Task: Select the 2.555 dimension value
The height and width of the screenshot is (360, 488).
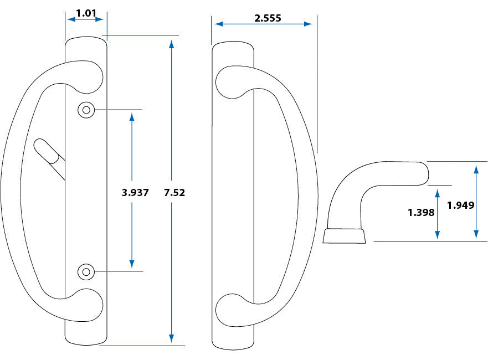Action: (x=268, y=18)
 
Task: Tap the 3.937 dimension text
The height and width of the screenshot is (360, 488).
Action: (x=135, y=193)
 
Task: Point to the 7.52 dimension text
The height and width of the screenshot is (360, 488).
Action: (x=174, y=193)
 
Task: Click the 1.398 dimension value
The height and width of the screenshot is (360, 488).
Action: (x=422, y=212)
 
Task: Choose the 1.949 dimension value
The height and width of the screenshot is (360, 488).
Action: (x=460, y=205)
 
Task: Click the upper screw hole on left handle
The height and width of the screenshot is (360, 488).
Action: (x=85, y=110)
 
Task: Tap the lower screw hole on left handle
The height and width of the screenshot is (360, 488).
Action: (x=85, y=271)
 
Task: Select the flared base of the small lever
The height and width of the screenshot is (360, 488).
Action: (x=345, y=235)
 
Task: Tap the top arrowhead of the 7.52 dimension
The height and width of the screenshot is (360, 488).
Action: (x=172, y=45)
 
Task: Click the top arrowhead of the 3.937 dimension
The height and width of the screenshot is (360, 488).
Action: (x=132, y=117)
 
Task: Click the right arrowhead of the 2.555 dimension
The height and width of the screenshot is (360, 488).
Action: (x=308, y=24)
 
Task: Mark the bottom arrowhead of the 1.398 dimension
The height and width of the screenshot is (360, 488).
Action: (x=438, y=235)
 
